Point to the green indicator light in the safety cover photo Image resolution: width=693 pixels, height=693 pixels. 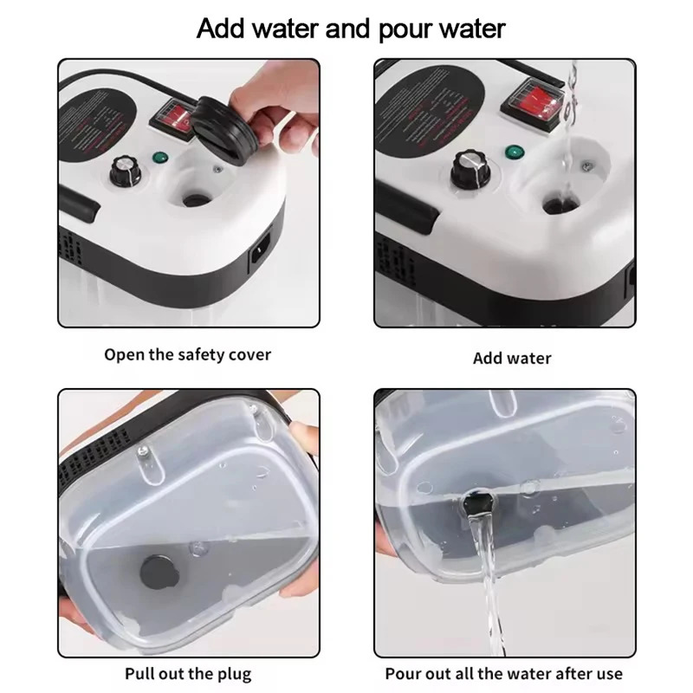pos(159,158)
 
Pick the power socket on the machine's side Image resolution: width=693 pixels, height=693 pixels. pos(260,255)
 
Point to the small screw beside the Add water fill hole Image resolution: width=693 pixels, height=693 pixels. pos(588,165)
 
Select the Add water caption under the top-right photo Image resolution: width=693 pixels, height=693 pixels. pos(512,358)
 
